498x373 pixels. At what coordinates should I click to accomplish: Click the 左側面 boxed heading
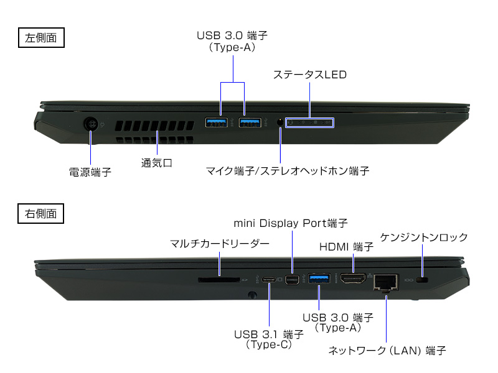click(x=41, y=38)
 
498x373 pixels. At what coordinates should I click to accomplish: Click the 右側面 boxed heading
click(x=40, y=213)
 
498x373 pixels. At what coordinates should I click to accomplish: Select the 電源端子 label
click(x=90, y=172)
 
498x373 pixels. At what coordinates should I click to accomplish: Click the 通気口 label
click(x=157, y=163)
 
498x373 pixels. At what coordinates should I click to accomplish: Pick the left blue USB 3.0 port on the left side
click(x=216, y=122)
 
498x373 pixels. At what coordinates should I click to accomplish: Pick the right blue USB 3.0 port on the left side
click(x=250, y=122)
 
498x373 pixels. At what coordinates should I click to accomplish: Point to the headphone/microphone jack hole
click(x=280, y=122)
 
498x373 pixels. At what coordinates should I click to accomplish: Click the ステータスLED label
click(x=309, y=75)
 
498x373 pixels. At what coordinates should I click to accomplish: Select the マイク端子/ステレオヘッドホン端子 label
click(x=288, y=171)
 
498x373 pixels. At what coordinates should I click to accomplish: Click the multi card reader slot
click(x=219, y=280)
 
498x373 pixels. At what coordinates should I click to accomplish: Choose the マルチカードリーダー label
click(x=220, y=244)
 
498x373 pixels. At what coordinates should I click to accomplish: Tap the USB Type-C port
click(x=269, y=280)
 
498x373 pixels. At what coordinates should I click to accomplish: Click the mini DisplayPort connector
click(x=292, y=280)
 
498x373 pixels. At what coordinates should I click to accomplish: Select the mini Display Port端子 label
click(x=291, y=223)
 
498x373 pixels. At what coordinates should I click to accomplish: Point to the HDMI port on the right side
click(x=353, y=279)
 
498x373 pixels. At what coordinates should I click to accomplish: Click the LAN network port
click(x=386, y=282)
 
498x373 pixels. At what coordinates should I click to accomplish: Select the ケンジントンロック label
click(x=424, y=237)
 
